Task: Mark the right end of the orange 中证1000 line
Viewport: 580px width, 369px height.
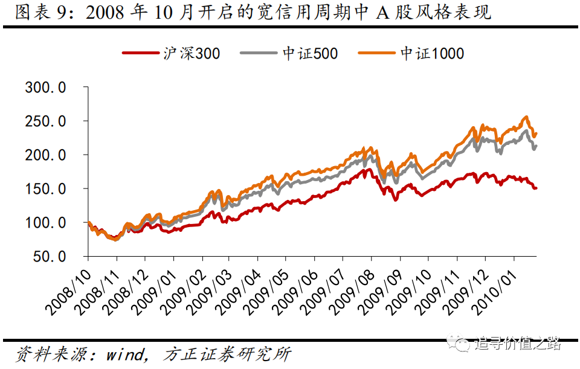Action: pos(536,133)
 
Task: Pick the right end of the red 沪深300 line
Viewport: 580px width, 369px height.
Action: pos(536,188)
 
